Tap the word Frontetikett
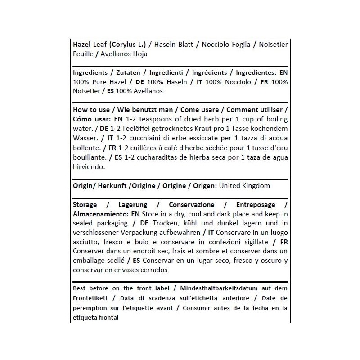(89, 298)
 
